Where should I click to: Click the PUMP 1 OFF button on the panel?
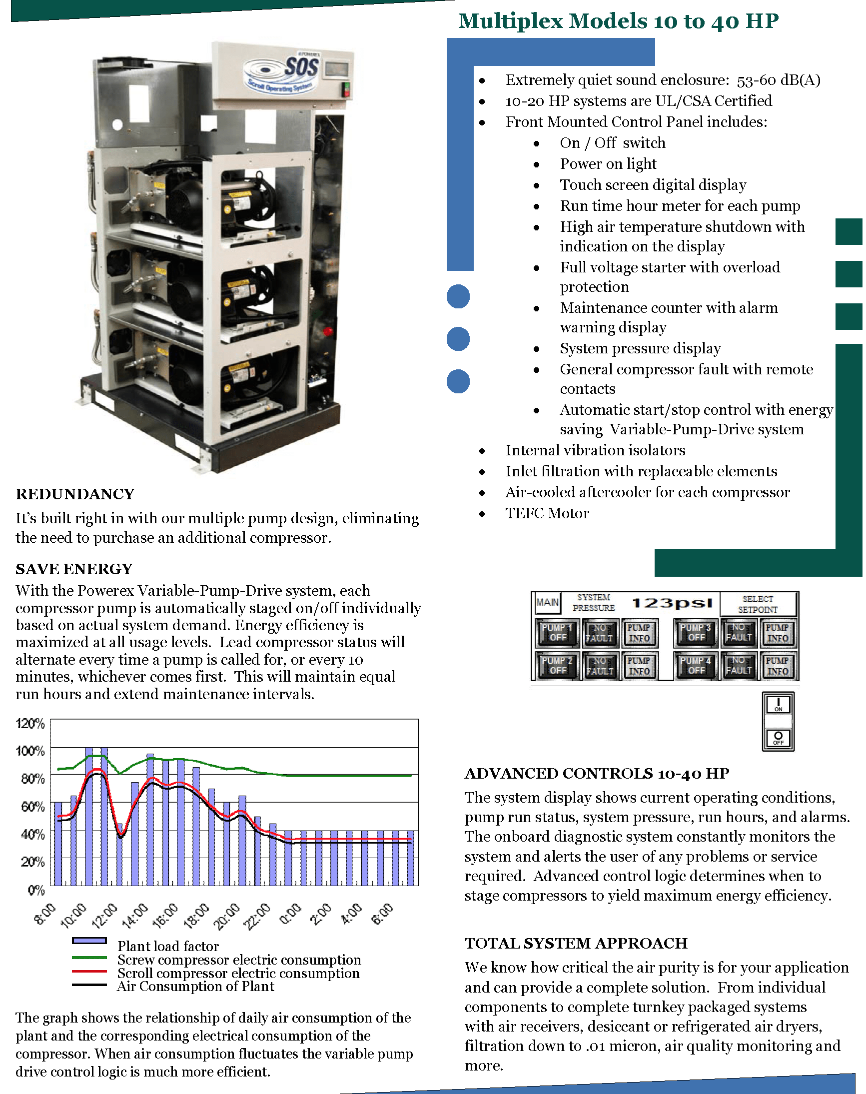(557, 633)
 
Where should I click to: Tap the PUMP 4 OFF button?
(696, 666)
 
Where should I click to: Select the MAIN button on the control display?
(547, 602)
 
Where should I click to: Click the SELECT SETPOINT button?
(758, 604)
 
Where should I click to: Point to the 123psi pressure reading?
(672, 603)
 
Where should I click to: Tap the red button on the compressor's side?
(328, 331)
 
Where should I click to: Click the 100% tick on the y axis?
(30, 751)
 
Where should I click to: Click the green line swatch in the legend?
(89, 958)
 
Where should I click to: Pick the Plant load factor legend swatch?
(89, 941)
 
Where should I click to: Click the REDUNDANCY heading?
(75, 494)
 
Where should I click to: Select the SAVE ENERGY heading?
(74, 569)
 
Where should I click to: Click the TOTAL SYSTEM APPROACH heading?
(576, 944)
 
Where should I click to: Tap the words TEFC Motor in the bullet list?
(547, 514)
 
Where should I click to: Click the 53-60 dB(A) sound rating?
(778, 80)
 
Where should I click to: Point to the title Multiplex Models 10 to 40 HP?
(618, 21)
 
